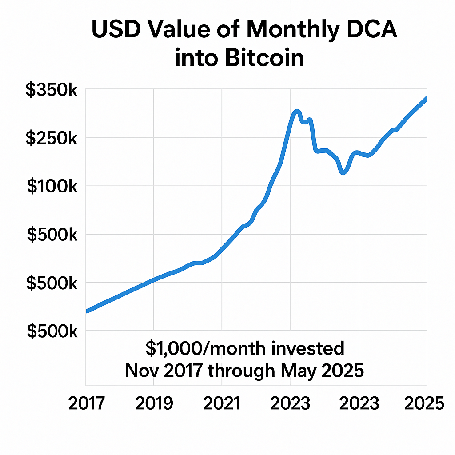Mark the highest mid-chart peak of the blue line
click(x=297, y=111)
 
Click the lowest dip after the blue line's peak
click(x=343, y=172)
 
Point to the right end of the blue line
click(x=427, y=98)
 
